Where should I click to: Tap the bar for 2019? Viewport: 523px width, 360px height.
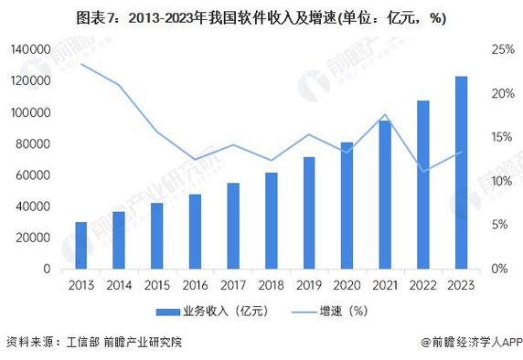click(x=309, y=213)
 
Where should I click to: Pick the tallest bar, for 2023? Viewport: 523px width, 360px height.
click(x=461, y=173)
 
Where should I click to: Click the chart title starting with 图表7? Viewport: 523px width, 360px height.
click(x=261, y=17)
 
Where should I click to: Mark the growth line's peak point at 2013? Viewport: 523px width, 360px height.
click(x=81, y=64)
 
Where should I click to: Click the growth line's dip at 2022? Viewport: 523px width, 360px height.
click(x=422, y=171)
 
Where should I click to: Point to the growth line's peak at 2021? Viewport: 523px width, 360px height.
click(x=385, y=115)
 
